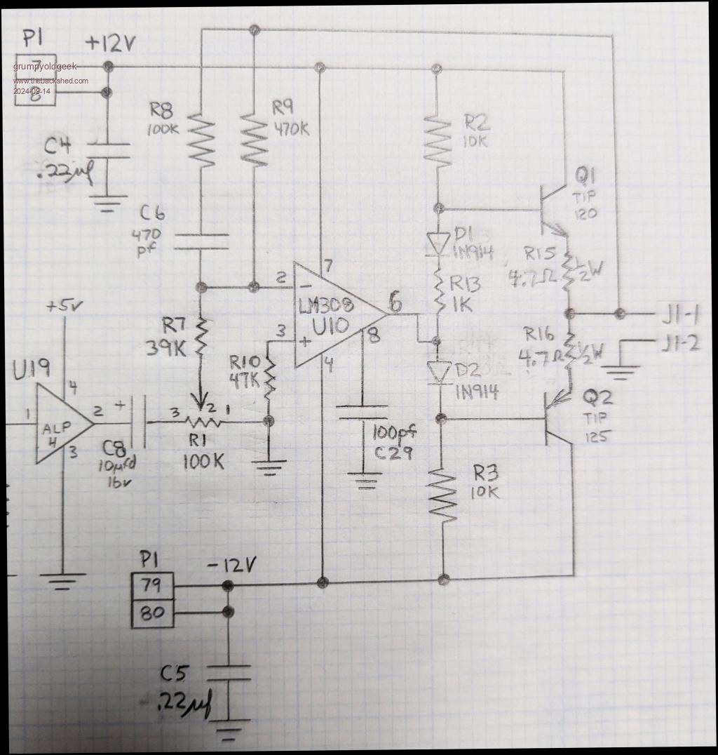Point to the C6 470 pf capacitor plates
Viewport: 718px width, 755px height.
tap(201, 241)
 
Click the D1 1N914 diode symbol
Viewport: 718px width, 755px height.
tap(438, 243)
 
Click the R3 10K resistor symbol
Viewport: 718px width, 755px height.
tap(443, 495)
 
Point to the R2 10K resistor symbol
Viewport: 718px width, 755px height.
tap(438, 141)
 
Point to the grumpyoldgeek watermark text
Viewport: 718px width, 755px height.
tap(46, 67)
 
